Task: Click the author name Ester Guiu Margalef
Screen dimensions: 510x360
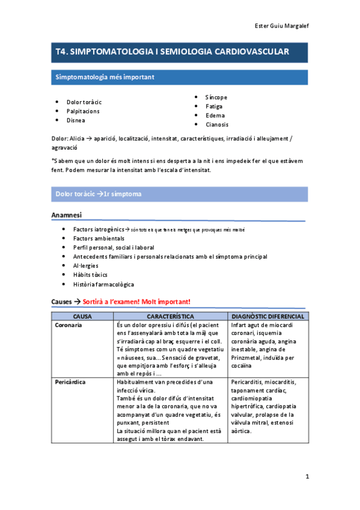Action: [282, 26]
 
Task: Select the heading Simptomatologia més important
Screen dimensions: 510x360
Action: [105, 77]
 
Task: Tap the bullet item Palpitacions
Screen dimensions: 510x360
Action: [83, 111]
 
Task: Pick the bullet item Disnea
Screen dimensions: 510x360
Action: [76, 120]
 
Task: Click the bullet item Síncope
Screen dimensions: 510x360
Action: [216, 97]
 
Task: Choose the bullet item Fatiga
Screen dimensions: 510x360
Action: [214, 106]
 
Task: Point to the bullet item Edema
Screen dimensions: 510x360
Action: [215, 115]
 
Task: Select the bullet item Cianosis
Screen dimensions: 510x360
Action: [216, 124]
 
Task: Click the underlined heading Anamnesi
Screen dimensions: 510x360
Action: [66, 215]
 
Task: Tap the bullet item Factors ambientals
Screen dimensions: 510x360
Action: [99, 238]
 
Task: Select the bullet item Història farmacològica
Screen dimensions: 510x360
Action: [103, 284]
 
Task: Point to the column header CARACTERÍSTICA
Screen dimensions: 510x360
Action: [170, 316]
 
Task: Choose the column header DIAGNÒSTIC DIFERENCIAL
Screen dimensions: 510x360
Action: [267, 316]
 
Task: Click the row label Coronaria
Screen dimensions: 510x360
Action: [69, 325]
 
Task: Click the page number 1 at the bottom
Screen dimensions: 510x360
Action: [307, 477]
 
